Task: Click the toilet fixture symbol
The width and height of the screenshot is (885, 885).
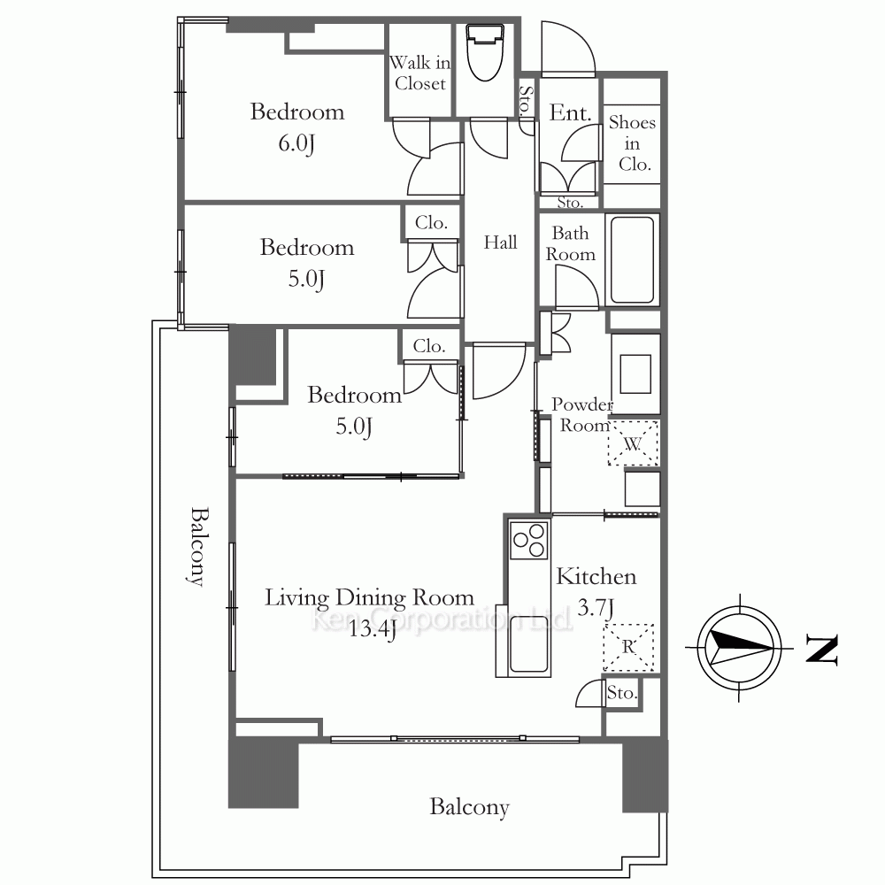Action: pyautogui.click(x=485, y=52)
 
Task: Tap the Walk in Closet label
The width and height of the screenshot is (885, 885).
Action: pyautogui.click(x=419, y=73)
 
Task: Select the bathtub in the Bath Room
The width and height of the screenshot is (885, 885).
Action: pyautogui.click(x=632, y=260)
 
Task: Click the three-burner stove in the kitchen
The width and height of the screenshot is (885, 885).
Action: pyautogui.click(x=529, y=540)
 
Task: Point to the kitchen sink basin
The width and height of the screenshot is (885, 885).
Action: pyautogui.click(x=529, y=644)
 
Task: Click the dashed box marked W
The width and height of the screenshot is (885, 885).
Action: pyautogui.click(x=634, y=443)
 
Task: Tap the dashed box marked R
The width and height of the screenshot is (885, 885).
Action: pyautogui.click(x=628, y=647)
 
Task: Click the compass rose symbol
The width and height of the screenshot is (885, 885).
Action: pyautogui.click(x=739, y=648)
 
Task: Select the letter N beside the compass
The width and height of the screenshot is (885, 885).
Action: pyautogui.click(x=822, y=649)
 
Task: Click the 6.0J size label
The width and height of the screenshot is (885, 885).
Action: pyautogui.click(x=296, y=143)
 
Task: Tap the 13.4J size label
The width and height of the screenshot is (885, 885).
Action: pyautogui.click(x=372, y=628)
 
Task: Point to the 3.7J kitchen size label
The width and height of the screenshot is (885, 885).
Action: pyautogui.click(x=596, y=608)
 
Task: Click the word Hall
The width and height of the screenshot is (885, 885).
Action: pyautogui.click(x=500, y=242)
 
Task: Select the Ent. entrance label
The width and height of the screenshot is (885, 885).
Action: pyautogui.click(x=570, y=113)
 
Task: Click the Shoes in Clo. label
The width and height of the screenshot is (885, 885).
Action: pyautogui.click(x=633, y=143)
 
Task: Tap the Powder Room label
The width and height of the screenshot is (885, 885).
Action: pyautogui.click(x=582, y=414)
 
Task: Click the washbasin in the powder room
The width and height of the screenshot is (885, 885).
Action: pyautogui.click(x=635, y=373)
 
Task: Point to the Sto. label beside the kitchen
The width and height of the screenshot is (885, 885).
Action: pyautogui.click(x=622, y=692)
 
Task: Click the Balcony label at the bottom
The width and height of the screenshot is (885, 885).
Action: pyautogui.click(x=470, y=807)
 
